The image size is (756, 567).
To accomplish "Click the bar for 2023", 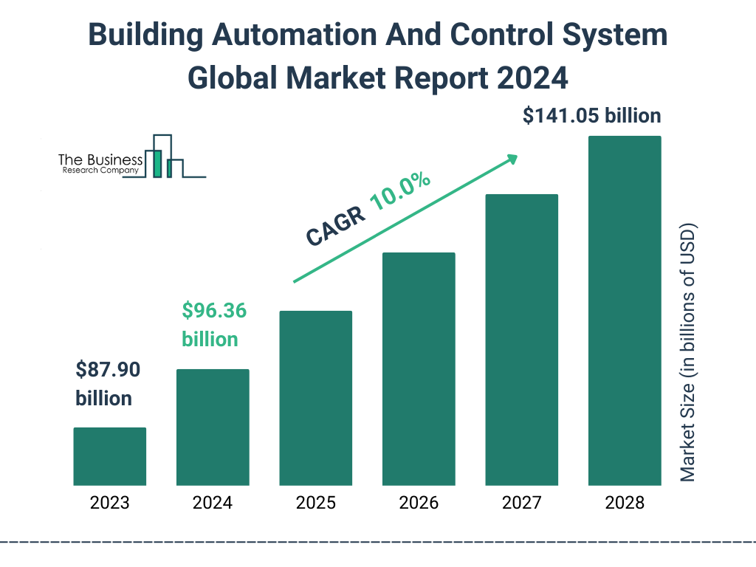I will tap(110, 456).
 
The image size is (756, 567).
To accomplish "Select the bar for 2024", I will tap(213, 427).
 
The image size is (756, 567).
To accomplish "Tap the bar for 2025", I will tap(315, 398).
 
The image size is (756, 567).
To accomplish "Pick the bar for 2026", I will tap(419, 369).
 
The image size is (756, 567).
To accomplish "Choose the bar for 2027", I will tap(521, 340).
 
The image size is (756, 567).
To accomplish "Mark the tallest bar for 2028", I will tap(625, 311).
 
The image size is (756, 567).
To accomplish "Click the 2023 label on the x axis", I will tap(110, 504).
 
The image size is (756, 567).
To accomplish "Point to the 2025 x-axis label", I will tap(315, 504).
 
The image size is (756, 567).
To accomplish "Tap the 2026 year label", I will tap(419, 504).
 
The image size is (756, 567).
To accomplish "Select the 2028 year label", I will tap(625, 504).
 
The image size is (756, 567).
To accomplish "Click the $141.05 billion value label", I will tap(591, 116).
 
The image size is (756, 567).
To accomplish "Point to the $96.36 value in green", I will tap(214, 311).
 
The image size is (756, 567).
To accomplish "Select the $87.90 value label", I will tap(108, 369).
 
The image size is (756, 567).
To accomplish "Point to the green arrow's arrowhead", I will tap(511, 159).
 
